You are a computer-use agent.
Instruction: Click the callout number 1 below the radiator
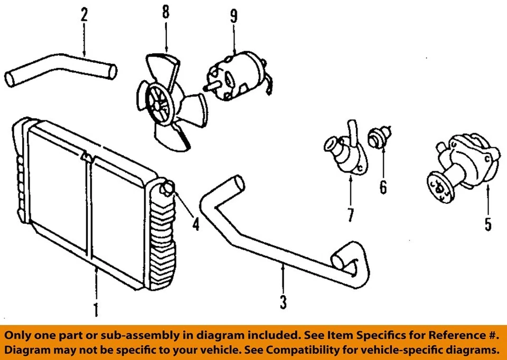(96, 308)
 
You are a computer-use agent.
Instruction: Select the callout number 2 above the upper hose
(84, 14)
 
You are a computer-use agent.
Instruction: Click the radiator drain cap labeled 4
(168, 187)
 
